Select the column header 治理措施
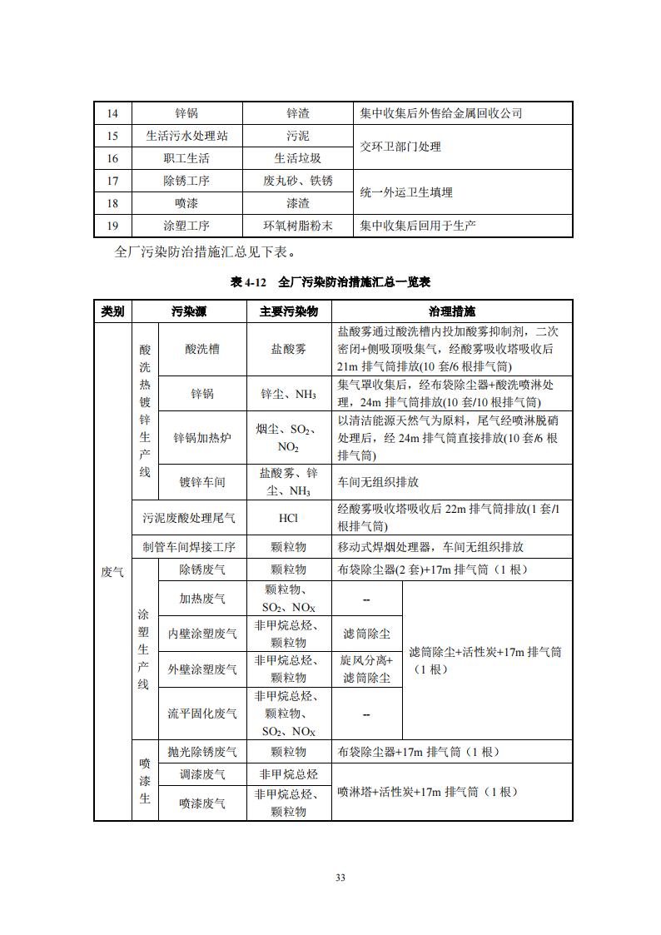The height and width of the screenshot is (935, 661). (452, 312)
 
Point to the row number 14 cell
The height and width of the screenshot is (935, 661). (113, 113)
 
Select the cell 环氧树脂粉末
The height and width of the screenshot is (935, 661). (298, 226)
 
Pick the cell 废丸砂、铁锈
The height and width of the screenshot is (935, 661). (298, 181)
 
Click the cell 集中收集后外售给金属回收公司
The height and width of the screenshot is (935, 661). (441, 113)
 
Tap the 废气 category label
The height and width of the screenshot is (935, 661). (112, 571)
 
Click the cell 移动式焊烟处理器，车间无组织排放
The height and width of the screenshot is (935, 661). (430, 547)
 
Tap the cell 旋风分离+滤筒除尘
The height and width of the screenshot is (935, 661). (366, 669)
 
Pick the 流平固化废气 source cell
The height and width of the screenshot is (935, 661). (202, 714)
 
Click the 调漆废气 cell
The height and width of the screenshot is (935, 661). (202, 774)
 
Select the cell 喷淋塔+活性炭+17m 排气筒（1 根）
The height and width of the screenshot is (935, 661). (428, 792)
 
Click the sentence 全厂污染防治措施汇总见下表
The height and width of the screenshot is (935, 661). (203, 251)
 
